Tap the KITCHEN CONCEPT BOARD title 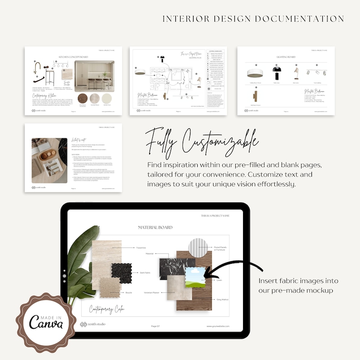73,57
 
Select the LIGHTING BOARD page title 286,58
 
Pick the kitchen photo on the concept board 94,75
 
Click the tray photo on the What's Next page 49,161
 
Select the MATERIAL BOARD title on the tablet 155,227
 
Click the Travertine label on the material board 141,248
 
